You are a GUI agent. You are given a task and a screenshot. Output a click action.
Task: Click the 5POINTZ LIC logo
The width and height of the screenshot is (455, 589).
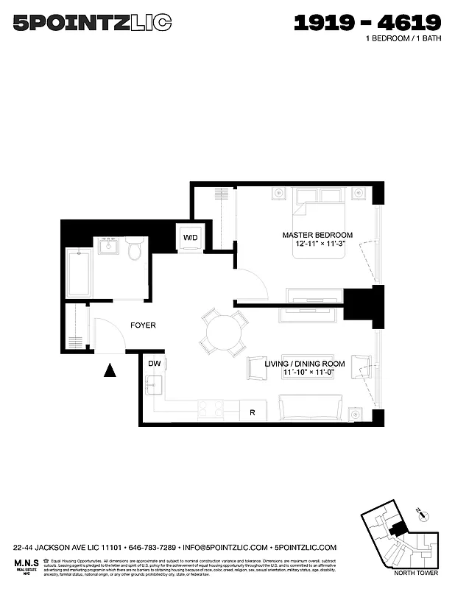[92, 24]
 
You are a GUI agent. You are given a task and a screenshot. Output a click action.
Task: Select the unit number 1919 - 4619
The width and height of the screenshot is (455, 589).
[367, 23]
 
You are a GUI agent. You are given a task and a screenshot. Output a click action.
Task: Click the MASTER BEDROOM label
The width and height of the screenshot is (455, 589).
[317, 235]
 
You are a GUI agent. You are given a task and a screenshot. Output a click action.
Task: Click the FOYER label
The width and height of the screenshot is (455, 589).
[143, 325]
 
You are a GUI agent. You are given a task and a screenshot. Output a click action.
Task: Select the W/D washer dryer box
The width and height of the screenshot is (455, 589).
[191, 238]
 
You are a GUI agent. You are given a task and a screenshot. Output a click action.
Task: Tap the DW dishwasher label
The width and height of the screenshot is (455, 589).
[154, 364]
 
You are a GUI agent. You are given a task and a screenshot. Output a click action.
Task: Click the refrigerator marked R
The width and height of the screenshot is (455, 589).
[253, 411]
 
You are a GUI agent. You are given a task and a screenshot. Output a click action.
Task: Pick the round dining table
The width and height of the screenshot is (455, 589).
[224, 333]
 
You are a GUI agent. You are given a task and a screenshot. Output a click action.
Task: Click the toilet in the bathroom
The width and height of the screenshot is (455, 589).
[133, 250]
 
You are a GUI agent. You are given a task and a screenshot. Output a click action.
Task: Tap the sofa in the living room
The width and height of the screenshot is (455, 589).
[310, 407]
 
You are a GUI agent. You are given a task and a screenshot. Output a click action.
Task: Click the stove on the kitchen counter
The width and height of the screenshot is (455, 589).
[210, 410]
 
